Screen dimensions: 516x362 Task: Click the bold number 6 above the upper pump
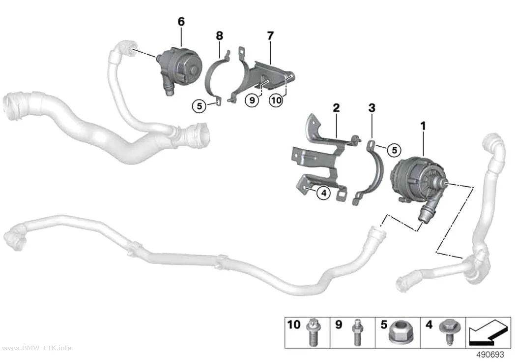(181, 22)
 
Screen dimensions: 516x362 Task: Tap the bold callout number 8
(220, 35)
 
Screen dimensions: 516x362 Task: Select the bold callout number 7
(270, 35)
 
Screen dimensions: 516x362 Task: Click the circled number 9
(252, 100)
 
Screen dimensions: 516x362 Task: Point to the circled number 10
(276, 100)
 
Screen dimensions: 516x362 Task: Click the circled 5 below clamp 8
(199, 106)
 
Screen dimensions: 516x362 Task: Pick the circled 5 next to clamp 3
(394, 150)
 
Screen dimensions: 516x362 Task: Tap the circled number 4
(324, 193)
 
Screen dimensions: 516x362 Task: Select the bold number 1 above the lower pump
(423, 126)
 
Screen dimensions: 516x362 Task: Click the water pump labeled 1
(415, 185)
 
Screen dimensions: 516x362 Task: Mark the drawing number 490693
(490, 355)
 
